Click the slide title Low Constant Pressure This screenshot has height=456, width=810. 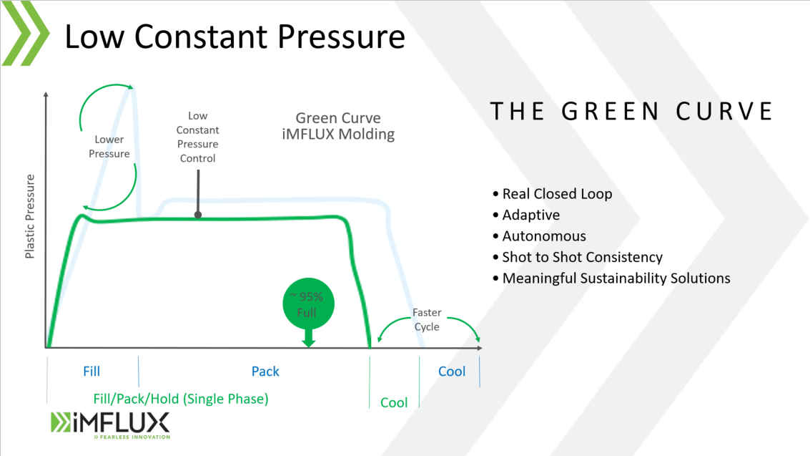(x=234, y=37)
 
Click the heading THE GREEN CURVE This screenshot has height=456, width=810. (x=631, y=112)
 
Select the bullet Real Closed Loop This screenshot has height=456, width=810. (x=556, y=194)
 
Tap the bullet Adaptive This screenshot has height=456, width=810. (x=530, y=215)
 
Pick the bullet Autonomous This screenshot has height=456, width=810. (x=543, y=236)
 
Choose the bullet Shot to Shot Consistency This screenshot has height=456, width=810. (x=581, y=257)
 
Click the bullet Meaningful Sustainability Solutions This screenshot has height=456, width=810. (x=615, y=278)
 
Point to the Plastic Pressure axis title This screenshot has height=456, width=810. (x=30, y=216)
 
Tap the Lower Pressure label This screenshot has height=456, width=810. (x=109, y=147)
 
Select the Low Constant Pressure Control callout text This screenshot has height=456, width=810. (x=197, y=137)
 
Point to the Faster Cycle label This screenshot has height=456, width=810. (x=426, y=320)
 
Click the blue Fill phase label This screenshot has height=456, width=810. (x=92, y=371)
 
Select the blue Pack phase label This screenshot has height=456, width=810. (x=265, y=371)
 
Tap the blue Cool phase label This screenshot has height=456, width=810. (x=451, y=371)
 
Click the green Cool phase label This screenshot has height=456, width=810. (x=393, y=402)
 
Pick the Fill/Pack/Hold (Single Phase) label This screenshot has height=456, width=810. (x=181, y=399)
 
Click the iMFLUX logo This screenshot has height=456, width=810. (x=109, y=424)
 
